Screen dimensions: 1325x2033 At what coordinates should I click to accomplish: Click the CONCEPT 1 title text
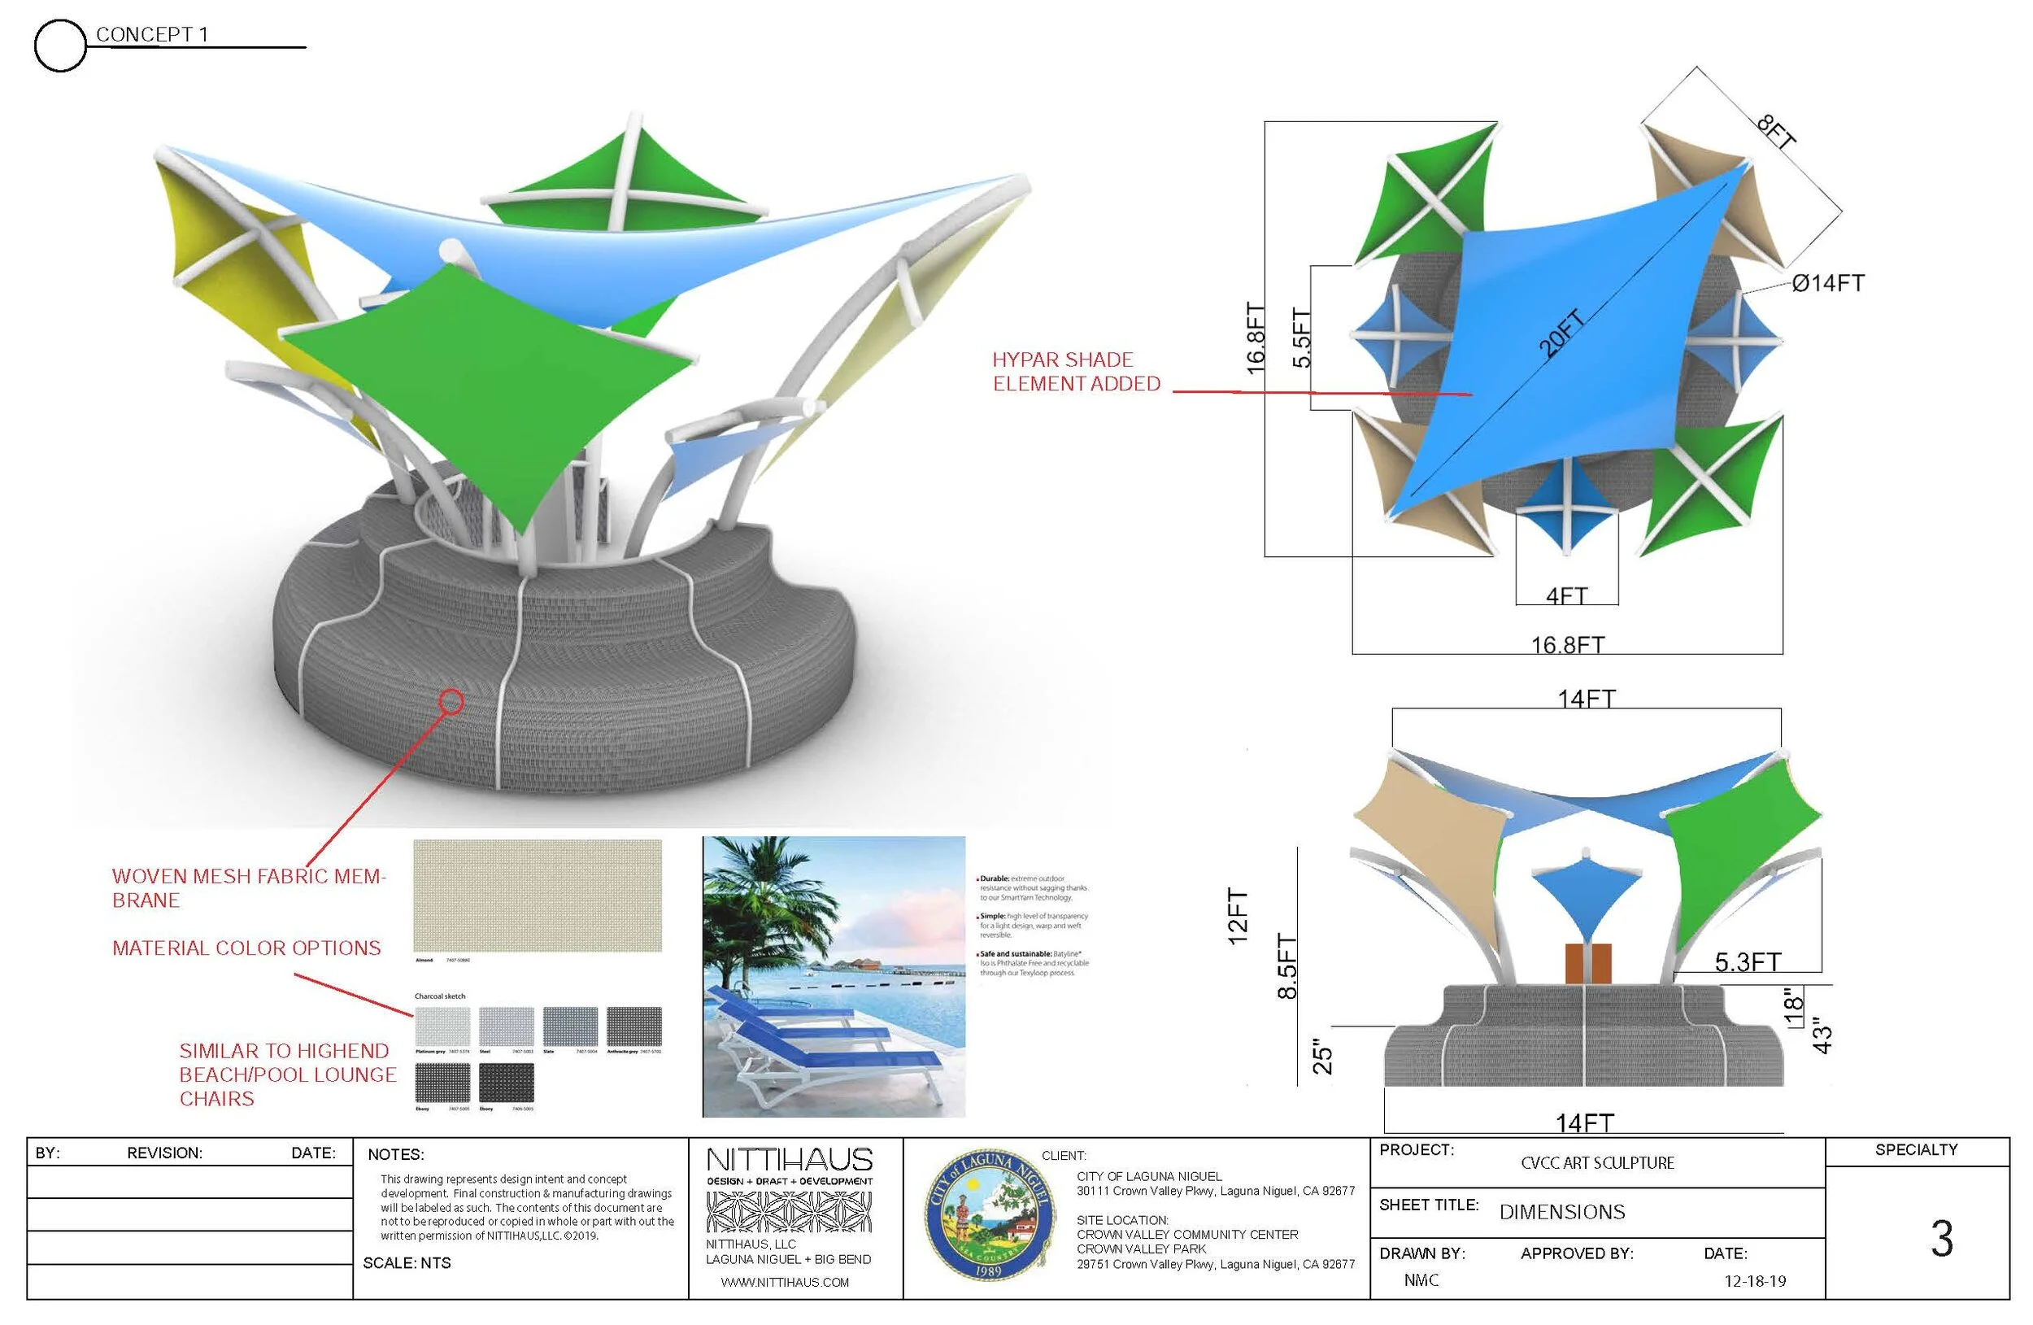151,34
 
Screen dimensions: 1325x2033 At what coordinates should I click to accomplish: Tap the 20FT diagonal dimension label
1561,333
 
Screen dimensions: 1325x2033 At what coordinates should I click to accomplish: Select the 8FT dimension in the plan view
1776,133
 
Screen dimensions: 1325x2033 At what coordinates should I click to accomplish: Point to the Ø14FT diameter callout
1828,283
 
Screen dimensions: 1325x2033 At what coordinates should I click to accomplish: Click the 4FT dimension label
1565,595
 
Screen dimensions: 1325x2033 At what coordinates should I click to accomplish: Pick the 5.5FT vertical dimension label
1300,338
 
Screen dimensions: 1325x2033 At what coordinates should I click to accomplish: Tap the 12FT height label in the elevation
1238,916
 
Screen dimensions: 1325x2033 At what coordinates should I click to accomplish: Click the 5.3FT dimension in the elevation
1748,963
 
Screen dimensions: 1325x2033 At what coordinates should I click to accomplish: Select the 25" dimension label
1322,1056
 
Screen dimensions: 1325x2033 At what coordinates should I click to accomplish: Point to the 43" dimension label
1822,1035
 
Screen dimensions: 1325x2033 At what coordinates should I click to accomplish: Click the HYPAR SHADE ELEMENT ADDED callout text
1075,372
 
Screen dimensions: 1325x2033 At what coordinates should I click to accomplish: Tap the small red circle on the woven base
451,701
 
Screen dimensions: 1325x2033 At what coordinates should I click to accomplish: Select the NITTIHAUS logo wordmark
790,1160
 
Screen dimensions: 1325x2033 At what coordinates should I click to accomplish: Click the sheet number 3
1942,1238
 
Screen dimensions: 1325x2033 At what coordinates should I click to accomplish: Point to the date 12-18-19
1755,1281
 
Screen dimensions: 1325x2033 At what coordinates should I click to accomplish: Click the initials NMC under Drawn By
1421,1280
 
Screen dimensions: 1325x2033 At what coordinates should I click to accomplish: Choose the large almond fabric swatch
538,895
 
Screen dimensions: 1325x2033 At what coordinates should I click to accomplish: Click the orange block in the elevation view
1588,963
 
